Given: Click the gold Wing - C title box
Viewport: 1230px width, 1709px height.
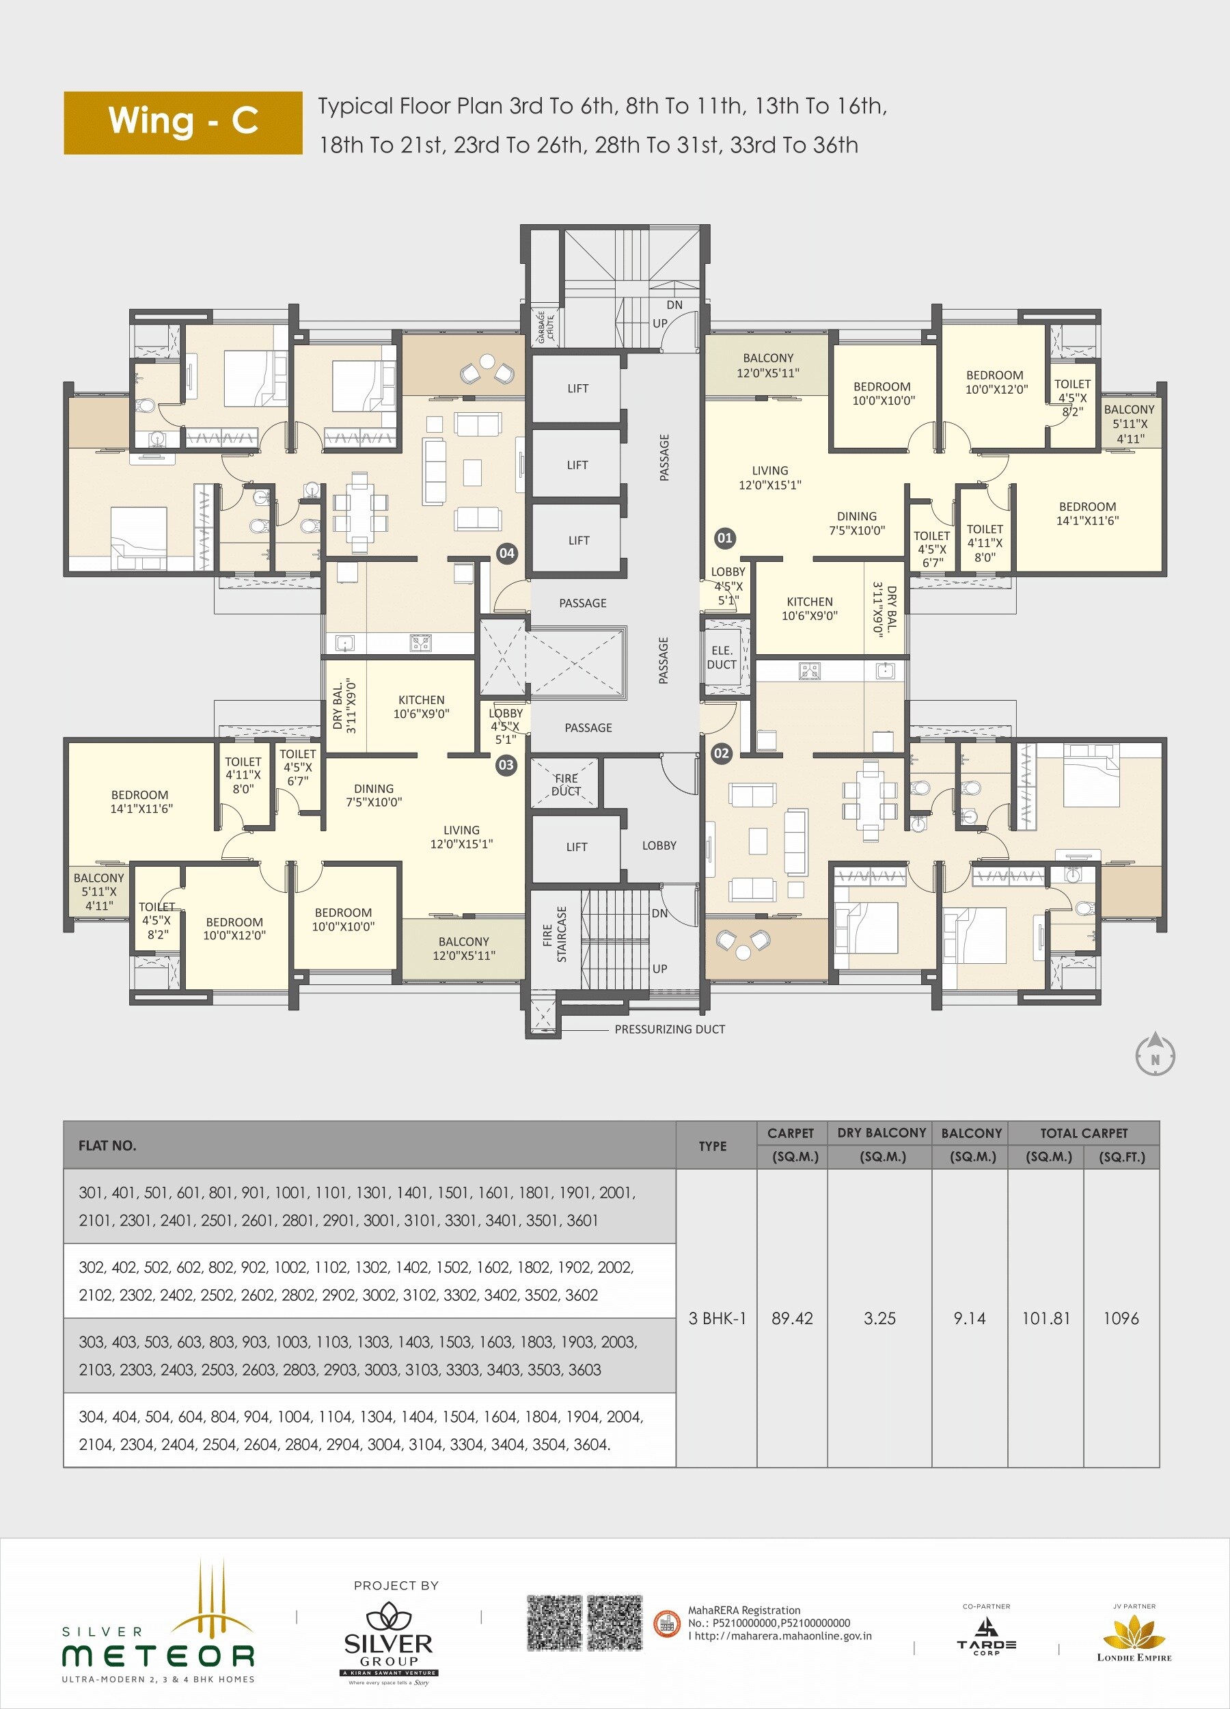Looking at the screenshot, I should coord(183,123).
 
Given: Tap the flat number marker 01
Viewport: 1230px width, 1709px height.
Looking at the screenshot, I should coord(724,537).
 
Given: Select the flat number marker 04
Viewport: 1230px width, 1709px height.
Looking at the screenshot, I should coord(507,553).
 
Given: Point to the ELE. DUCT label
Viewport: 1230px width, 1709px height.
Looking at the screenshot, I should coord(722,657).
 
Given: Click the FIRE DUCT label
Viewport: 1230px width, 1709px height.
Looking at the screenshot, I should coord(566,784).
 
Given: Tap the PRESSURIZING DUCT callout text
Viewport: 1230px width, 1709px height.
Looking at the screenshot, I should coord(669,1030).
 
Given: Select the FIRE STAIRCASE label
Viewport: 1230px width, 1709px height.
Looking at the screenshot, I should coord(554,934).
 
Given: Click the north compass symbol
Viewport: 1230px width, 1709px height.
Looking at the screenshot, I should coord(1155,1055).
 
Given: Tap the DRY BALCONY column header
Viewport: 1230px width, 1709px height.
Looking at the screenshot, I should coord(881,1133).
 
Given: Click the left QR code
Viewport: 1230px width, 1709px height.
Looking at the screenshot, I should coord(554,1623).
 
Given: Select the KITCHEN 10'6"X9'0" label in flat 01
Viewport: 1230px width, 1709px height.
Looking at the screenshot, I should coord(809,608).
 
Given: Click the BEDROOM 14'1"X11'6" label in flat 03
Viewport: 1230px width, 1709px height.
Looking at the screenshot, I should coord(141,801).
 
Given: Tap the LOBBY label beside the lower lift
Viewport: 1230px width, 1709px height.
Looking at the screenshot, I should coord(659,846).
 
